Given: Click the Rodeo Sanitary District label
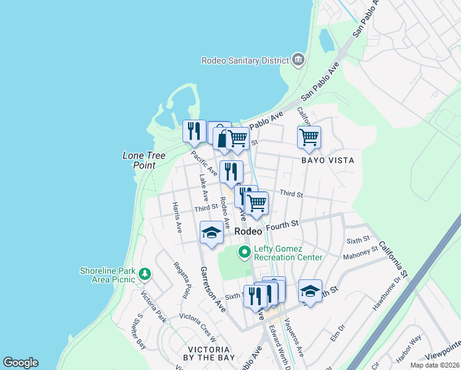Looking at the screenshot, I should point(245,60).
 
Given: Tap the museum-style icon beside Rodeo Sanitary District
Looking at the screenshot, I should point(299,60).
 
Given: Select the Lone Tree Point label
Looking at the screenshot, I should point(144,160).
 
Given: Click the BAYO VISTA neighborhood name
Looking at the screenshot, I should point(327,160).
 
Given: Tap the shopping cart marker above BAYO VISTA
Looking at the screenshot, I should point(309,137).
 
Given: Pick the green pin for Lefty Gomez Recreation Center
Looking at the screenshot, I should point(244,252).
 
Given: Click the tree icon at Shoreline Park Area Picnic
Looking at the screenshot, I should point(145,273).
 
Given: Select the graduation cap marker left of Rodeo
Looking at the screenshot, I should point(211,232).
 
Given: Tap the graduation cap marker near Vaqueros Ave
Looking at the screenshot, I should point(310,291).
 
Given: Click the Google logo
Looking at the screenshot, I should point(20,363).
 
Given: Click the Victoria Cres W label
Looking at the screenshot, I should point(198,327).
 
